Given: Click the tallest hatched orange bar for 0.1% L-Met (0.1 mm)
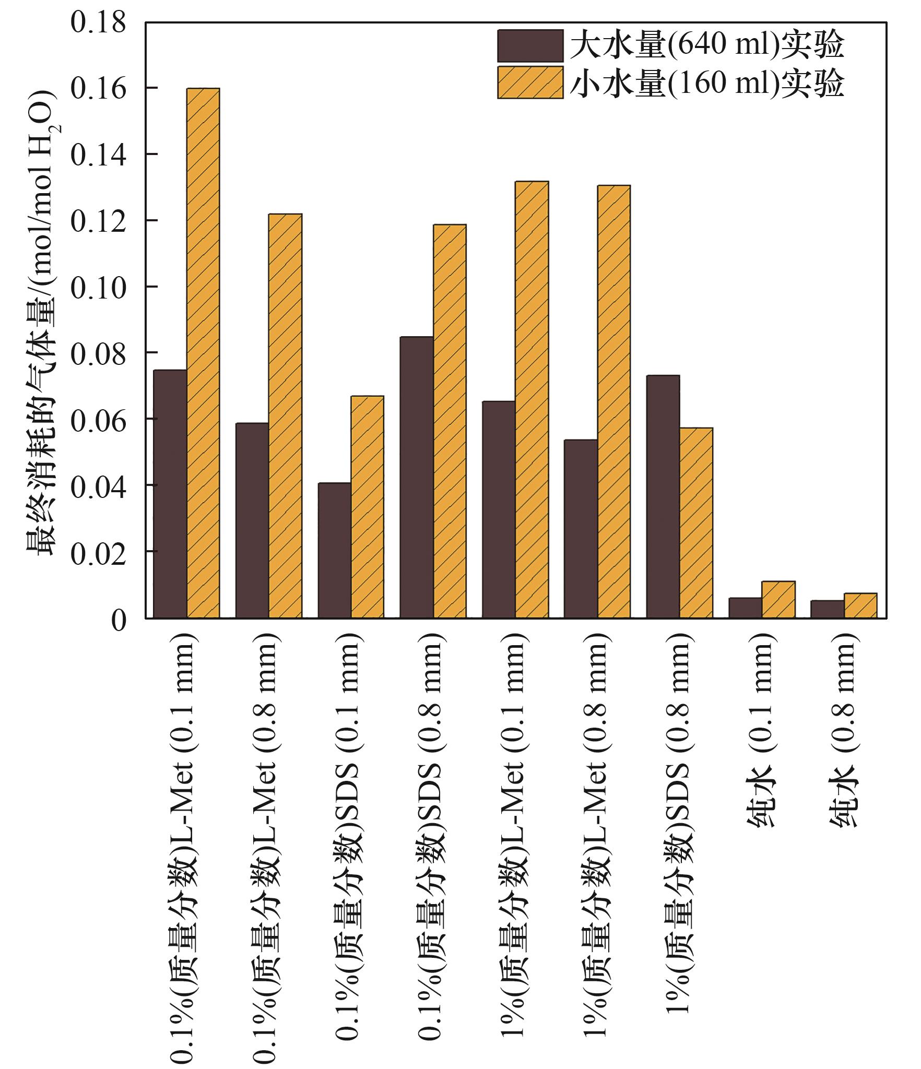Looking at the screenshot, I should point(203,353).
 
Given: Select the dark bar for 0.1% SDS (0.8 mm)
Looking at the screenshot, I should point(417,477).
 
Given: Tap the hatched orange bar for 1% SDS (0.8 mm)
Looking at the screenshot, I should point(696,522).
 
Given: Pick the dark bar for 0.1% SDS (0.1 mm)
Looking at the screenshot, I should point(335,550).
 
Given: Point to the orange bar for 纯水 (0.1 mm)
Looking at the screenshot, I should point(778,599).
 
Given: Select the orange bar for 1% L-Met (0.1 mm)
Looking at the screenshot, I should point(532,399).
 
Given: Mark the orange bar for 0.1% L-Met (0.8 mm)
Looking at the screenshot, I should point(285,415).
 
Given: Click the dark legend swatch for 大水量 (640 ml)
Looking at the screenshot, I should point(530,46).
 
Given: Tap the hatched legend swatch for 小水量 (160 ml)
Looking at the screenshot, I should point(530,82).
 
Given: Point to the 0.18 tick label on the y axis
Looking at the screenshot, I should point(99,23).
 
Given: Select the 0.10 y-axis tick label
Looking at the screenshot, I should point(99,288).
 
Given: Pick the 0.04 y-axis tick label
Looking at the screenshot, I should point(99,486).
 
